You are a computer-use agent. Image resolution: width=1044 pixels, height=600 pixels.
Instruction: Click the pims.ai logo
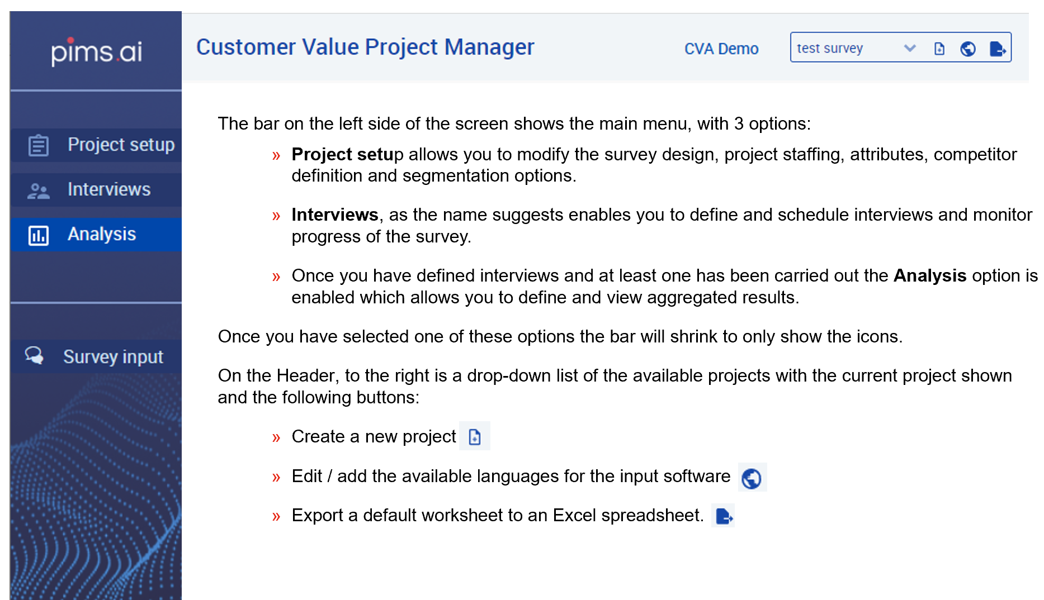click(96, 52)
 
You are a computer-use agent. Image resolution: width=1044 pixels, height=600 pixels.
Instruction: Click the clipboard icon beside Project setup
click(39, 145)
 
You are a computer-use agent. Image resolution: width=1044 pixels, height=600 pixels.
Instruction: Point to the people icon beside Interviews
click(39, 191)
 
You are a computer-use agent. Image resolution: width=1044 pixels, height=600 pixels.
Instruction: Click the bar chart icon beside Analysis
click(39, 236)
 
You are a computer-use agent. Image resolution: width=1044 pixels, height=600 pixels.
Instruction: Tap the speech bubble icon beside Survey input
click(34, 355)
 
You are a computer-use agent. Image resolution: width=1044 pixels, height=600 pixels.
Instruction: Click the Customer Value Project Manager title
click(365, 47)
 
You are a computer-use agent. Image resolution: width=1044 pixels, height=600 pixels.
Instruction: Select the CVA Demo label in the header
click(721, 49)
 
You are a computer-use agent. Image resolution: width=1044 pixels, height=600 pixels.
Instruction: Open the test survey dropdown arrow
click(910, 49)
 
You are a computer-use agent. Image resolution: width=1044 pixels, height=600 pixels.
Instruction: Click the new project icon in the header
click(939, 49)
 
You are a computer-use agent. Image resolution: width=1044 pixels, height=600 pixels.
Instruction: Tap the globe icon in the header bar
click(968, 49)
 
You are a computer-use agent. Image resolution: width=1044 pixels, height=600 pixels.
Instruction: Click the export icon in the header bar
click(998, 49)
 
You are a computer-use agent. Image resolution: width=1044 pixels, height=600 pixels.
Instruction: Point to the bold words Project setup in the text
click(347, 155)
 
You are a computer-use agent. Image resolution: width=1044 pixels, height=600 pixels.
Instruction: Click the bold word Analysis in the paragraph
click(930, 275)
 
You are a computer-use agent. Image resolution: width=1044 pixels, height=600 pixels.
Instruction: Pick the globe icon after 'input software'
click(752, 478)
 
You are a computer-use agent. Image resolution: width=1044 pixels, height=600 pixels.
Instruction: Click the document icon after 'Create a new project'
click(475, 436)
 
